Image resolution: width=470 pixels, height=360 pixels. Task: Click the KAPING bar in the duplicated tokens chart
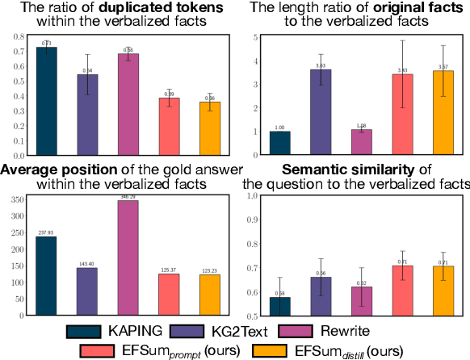tap(47, 102)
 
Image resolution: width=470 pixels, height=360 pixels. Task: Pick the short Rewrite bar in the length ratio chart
tap(362, 142)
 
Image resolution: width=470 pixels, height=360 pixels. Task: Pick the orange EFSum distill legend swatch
tap(275, 350)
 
